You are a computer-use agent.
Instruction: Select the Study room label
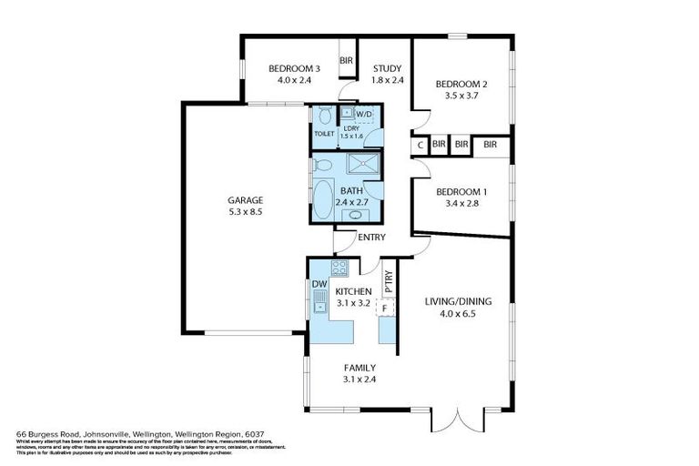click(387, 67)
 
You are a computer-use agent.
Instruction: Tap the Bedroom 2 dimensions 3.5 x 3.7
click(461, 96)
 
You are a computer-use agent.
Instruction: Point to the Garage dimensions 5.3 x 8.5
click(245, 211)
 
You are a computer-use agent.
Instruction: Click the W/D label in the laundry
click(364, 114)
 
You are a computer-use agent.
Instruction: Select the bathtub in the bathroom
click(324, 197)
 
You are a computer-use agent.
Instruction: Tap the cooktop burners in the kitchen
click(339, 268)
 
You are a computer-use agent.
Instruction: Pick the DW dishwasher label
click(319, 284)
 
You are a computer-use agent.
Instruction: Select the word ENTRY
click(371, 238)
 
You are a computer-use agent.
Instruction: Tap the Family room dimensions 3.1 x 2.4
click(359, 379)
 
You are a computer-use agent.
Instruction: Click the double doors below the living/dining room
click(456, 420)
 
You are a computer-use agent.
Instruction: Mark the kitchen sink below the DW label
click(319, 308)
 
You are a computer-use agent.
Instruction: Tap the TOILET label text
click(324, 134)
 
